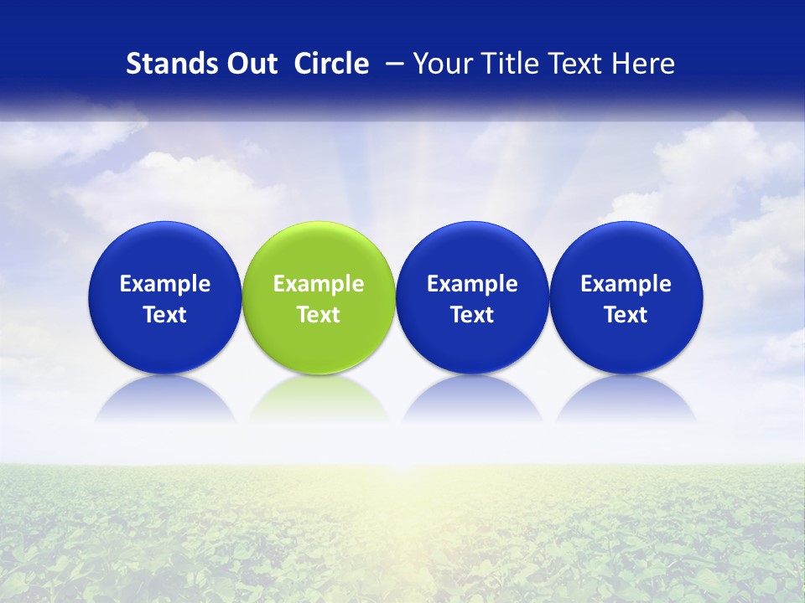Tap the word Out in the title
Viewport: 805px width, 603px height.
pos(251,64)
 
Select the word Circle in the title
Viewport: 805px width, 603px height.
pos(331,64)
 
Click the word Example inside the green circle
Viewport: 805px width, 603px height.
pos(319,284)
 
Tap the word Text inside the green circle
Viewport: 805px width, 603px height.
pos(319,315)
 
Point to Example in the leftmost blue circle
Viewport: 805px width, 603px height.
pos(165,284)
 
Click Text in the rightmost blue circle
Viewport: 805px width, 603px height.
pos(626,315)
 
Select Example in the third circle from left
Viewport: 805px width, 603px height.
pos(472,284)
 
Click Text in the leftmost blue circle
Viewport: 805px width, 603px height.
pos(165,315)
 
